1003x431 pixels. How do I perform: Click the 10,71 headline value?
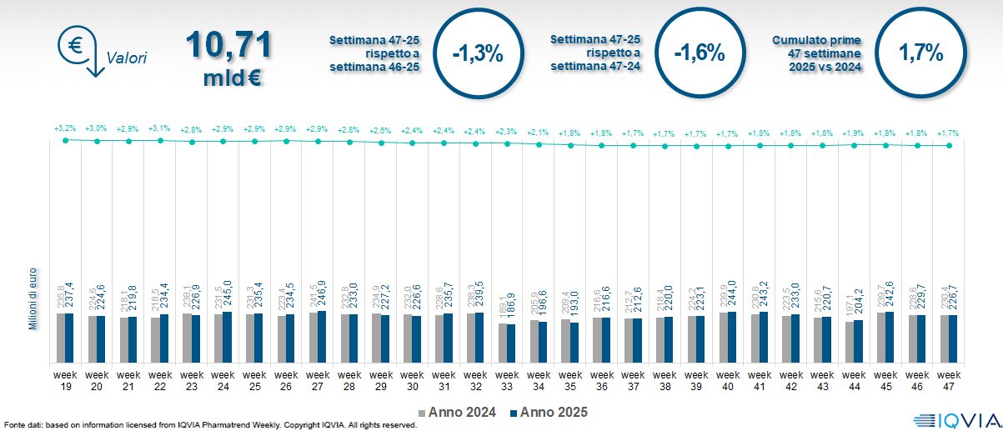(228, 46)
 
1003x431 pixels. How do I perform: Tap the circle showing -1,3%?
(478, 53)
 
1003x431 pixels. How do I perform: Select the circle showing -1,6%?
(699, 53)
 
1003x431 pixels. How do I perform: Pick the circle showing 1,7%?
(920, 53)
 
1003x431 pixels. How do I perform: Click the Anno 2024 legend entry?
(457, 412)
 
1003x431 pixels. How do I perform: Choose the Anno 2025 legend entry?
(549, 412)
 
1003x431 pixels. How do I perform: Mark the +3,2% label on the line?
(65, 128)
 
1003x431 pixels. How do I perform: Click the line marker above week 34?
(539, 144)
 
